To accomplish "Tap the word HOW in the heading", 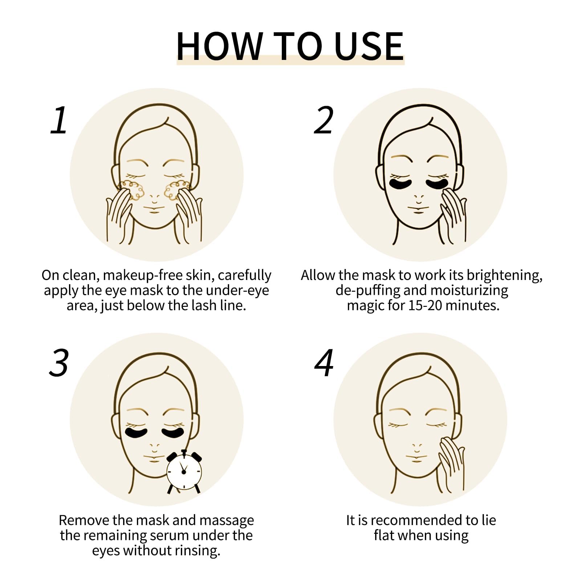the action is coord(219,46).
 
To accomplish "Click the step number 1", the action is coord(59,120).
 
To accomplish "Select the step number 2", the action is coord(324,120).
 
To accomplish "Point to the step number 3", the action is coord(59,363).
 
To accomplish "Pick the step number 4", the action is coord(324,363).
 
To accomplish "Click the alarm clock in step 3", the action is coord(184,471).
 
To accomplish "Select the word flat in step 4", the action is coord(384,535).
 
